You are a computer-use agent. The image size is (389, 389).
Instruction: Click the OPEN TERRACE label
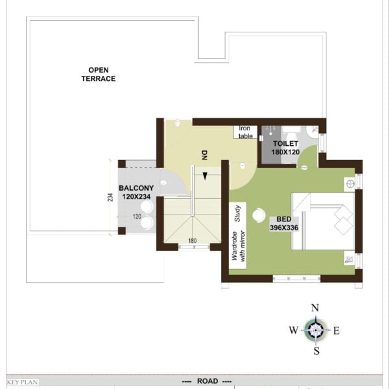99,75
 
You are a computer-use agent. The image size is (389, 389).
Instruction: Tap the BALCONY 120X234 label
136,193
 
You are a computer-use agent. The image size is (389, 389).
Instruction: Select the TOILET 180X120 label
285,148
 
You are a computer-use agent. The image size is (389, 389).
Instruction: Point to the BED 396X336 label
284,223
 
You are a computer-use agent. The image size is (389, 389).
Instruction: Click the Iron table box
245,132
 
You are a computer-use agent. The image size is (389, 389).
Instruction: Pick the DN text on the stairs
204,155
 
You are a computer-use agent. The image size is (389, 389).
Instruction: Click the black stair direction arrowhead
205,176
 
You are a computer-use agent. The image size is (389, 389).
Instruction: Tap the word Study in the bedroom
237,213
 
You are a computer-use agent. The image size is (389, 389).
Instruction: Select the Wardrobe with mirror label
238,246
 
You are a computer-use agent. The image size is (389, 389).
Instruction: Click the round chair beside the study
259,215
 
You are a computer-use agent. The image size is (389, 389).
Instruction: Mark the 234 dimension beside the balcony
110,197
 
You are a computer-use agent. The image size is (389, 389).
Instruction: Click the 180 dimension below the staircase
193,241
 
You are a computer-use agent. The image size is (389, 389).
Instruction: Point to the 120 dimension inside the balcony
137,217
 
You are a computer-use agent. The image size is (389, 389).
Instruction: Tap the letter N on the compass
315,308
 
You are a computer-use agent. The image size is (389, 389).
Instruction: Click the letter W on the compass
294,330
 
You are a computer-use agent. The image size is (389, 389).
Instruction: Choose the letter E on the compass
336,331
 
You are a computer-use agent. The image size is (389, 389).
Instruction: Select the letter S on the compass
316,351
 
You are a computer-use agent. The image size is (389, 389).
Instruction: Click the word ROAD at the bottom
207,381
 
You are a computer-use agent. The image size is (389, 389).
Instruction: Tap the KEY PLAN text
22,382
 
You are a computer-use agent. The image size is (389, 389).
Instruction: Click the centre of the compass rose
316,330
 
